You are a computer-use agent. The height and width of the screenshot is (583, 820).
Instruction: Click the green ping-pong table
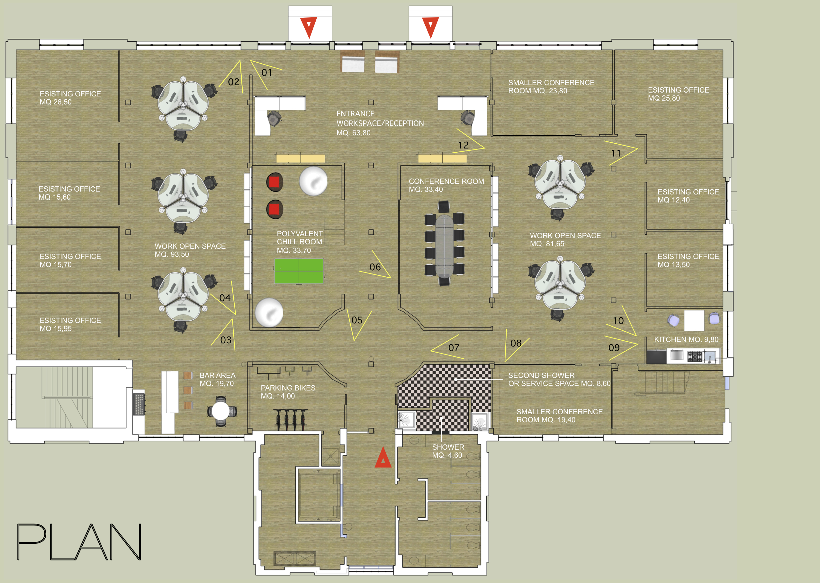tap(299, 271)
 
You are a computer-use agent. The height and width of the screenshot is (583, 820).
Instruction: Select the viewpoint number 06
tap(375, 267)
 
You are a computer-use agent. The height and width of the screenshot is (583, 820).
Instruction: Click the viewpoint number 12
tap(464, 145)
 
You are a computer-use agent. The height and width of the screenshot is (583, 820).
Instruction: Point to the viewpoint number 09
tap(614, 348)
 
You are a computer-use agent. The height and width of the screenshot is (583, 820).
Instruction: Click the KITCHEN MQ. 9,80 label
tap(686, 340)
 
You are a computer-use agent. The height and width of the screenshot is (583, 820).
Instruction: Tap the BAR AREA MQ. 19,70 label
tap(217, 380)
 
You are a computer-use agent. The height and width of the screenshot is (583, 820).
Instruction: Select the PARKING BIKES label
tap(288, 388)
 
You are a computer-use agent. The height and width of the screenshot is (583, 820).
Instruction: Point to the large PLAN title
tap(79, 542)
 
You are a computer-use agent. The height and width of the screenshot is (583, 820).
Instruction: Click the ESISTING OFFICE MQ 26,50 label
tap(70, 98)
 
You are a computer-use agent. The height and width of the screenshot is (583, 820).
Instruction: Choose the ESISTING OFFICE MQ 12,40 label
tap(688, 196)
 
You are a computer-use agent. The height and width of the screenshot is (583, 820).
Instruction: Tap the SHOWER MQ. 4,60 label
tap(448, 451)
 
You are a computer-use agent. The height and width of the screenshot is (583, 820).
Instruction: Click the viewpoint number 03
tap(226, 340)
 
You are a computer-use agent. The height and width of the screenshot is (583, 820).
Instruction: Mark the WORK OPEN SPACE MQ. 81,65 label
tap(565, 240)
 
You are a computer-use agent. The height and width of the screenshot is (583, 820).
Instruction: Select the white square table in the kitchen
tap(694, 320)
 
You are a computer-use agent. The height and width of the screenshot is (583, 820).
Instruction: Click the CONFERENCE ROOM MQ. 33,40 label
tap(446, 185)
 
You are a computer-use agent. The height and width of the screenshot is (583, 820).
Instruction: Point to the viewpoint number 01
tap(267, 73)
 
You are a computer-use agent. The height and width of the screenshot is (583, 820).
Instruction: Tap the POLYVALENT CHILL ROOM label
tap(299, 238)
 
